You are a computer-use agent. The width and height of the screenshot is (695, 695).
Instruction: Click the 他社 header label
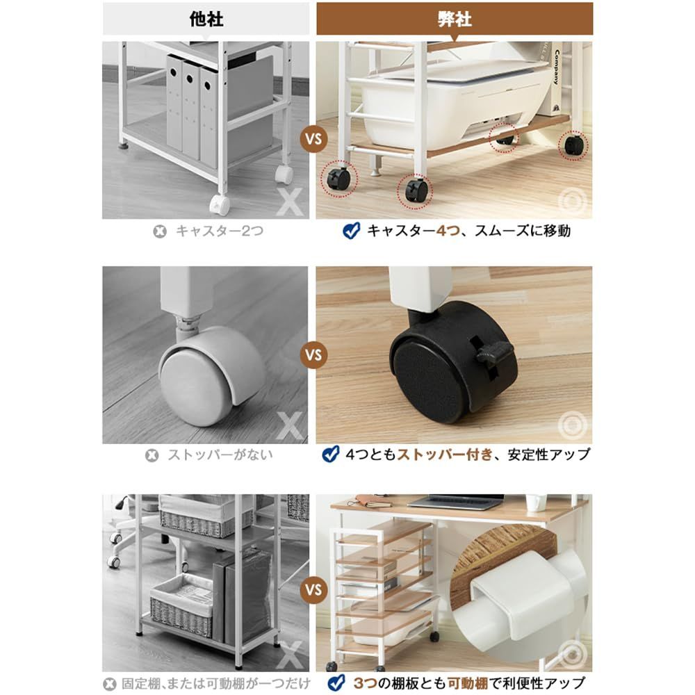point(206,19)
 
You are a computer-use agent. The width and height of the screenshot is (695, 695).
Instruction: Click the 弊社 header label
point(455,19)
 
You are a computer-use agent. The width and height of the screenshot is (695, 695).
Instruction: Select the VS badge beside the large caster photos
point(313,355)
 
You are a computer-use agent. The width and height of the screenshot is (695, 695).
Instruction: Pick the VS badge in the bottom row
point(313,591)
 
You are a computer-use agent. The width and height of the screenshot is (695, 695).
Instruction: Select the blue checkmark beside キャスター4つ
point(352,231)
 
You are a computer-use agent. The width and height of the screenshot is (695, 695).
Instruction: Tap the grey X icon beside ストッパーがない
point(152,455)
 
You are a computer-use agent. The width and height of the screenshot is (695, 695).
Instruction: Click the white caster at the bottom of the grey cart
point(220,204)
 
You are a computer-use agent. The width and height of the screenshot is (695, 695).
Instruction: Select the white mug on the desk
point(536,502)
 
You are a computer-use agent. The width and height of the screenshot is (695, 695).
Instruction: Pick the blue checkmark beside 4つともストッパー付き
point(331,455)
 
